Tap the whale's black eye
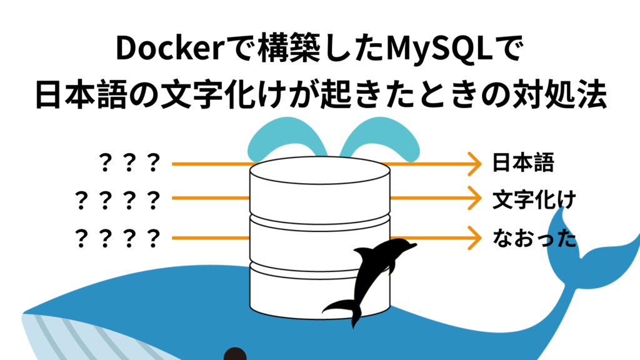[235, 354]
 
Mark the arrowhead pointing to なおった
[477, 238]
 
